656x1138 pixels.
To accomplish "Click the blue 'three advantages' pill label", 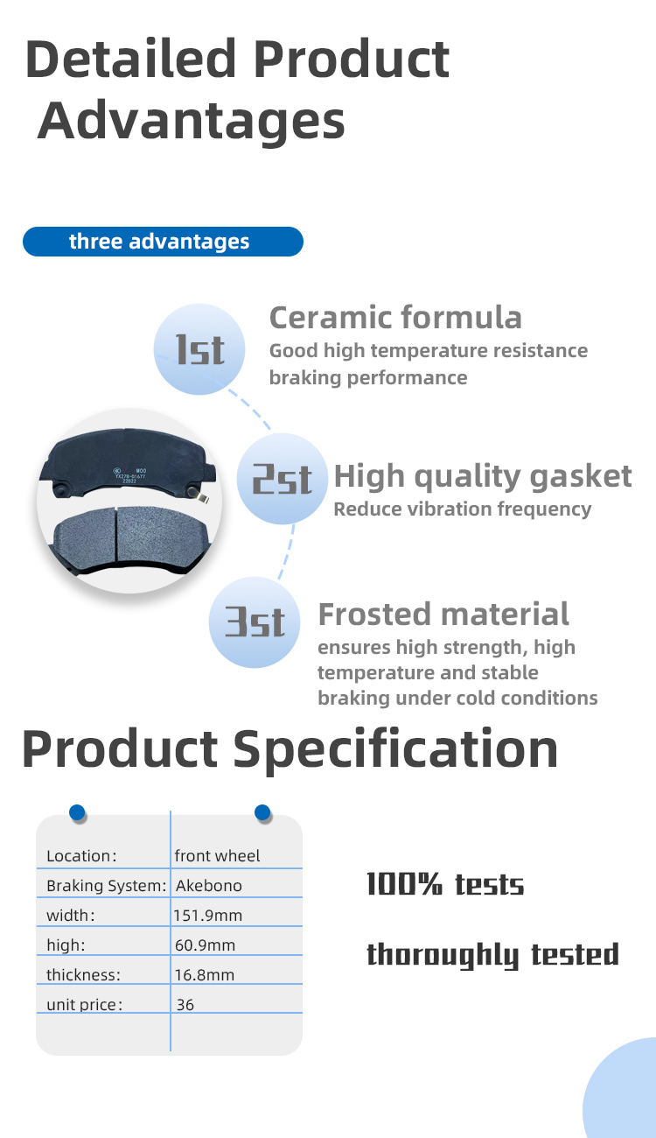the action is pos(163,242).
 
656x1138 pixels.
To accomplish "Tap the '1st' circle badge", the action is pos(199,349).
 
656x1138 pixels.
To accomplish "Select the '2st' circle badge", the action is pos(283,479).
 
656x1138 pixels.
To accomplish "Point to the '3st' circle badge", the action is pos(255,622).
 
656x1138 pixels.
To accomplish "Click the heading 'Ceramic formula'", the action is pos(395,318).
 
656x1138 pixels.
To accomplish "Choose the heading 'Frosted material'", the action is pos(443,615).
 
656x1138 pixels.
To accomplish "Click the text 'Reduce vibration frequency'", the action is pos(463,509).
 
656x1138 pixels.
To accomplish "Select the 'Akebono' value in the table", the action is pos(209,886).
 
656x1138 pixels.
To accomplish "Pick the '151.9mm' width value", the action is pos(207,916).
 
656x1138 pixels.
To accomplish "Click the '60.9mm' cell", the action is pos(206,945).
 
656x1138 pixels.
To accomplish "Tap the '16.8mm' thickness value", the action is pos(205,975).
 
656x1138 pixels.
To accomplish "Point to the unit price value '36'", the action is pos(185,1004).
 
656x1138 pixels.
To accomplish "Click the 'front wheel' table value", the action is pos(217,856).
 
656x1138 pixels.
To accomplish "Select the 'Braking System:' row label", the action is pos(107,886).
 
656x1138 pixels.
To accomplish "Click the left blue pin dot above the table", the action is pos(77,812).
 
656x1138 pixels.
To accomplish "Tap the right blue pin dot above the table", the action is pos(262,812).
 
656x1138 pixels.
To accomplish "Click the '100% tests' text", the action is pos(445,884).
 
